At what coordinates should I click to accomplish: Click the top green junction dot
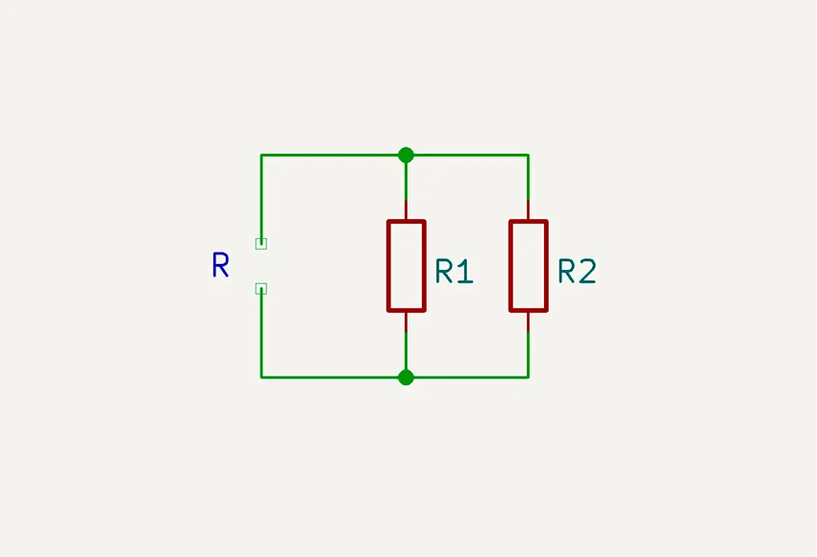click(406, 155)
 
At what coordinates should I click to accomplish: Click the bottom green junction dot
click(406, 377)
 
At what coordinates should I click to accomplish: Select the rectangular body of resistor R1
click(406, 266)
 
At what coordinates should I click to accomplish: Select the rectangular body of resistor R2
click(529, 266)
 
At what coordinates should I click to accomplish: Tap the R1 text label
click(455, 272)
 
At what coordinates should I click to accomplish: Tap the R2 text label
click(577, 272)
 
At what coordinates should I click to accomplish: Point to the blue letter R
click(220, 266)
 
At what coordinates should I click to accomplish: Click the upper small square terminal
click(260, 244)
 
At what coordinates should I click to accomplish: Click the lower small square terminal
click(260, 288)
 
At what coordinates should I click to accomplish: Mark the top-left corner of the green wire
click(260, 155)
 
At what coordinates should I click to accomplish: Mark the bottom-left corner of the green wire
click(260, 377)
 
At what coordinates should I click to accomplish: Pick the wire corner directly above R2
click(529, 155)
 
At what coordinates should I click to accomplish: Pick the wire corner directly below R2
click(529, 377)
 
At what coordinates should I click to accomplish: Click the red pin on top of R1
click(406, 210)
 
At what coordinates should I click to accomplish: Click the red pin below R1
click(406, 322)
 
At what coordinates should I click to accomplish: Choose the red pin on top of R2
click(529, 210)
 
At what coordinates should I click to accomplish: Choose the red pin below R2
click(529, 322)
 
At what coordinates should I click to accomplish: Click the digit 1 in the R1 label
click(466, 272)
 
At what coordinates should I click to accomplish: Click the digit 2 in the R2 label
click(587, 272)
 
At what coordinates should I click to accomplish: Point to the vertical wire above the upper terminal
click(260, 197)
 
